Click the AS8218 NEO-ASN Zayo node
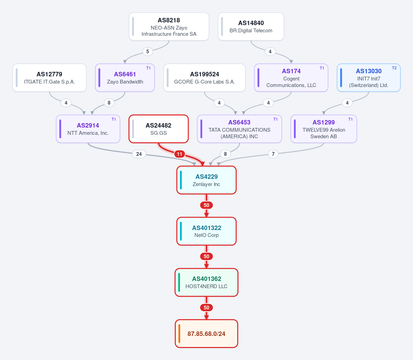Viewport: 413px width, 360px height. tap(169, 26)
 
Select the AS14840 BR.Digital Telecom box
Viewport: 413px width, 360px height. tap(251, 26)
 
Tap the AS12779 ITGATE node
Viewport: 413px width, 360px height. tap(50, 78)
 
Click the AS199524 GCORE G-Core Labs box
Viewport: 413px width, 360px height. tap(204, 78)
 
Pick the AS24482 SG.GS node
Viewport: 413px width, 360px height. tap(159, 129)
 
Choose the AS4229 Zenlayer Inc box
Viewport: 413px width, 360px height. tap(206, 180)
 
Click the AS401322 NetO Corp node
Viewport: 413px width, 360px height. tap(206, 231)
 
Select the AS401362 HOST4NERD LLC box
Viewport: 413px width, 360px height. tap(206, 282)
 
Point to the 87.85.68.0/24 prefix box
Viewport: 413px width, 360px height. tap(206, 334)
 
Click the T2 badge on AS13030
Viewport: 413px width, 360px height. tap(394, 68)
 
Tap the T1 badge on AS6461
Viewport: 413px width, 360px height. tap(148, 68)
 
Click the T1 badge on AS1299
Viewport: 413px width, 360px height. tap(350, 119)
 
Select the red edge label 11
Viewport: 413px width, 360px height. tap(179, 154)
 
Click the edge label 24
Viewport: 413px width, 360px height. tap(139, 154)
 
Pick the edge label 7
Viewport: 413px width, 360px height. tap(273, 154)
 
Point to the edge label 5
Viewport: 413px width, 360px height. tap(148, 52)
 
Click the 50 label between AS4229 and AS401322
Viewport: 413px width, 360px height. tap(206, 205)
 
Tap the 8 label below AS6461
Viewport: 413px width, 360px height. tap(109, 103)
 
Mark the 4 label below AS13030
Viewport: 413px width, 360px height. tap(347, 103)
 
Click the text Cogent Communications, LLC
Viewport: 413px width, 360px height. tap(291, 82)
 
